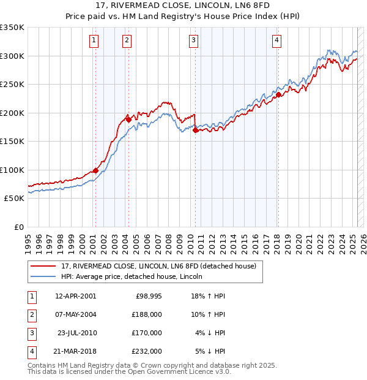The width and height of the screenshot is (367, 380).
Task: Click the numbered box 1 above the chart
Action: [x=94, y=41]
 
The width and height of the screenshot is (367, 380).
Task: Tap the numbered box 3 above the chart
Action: [x=193, y=41]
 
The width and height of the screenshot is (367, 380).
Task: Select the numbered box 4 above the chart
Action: [x=276, y=41]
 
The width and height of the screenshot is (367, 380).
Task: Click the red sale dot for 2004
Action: [x=128, y=119]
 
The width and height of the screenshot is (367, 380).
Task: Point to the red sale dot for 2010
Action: [x=195, y=130]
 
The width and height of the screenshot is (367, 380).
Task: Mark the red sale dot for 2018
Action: [x=278, y=94]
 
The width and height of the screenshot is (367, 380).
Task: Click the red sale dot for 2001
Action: [x=95, y=171]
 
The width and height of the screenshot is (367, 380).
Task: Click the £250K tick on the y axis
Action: [x=12, y=84]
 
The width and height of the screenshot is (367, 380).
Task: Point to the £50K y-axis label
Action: [x=15, y=199]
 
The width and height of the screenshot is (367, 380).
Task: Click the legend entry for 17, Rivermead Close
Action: [x=161, y=266]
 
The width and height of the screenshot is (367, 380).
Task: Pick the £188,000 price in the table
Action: [x=147, y=314]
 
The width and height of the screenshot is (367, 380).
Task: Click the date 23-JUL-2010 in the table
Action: [x=77, y=333]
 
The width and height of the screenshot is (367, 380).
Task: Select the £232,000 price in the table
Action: [x=147, y=351]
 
